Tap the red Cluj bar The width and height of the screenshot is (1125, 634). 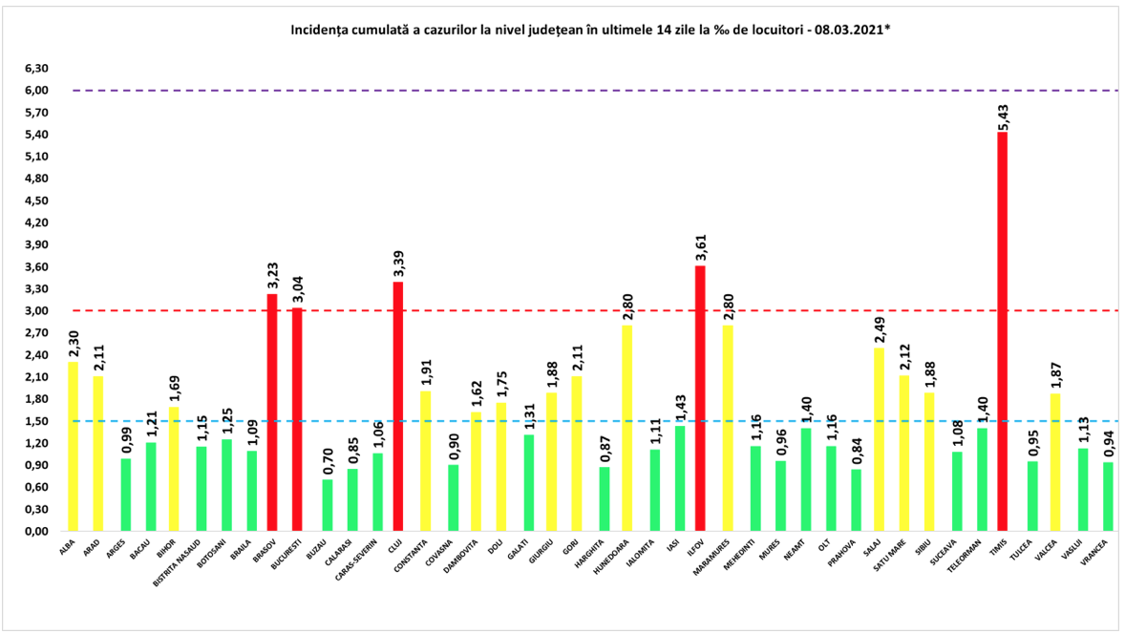(x=398, y=406)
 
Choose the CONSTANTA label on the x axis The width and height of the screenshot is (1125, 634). (x=412, y=559)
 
